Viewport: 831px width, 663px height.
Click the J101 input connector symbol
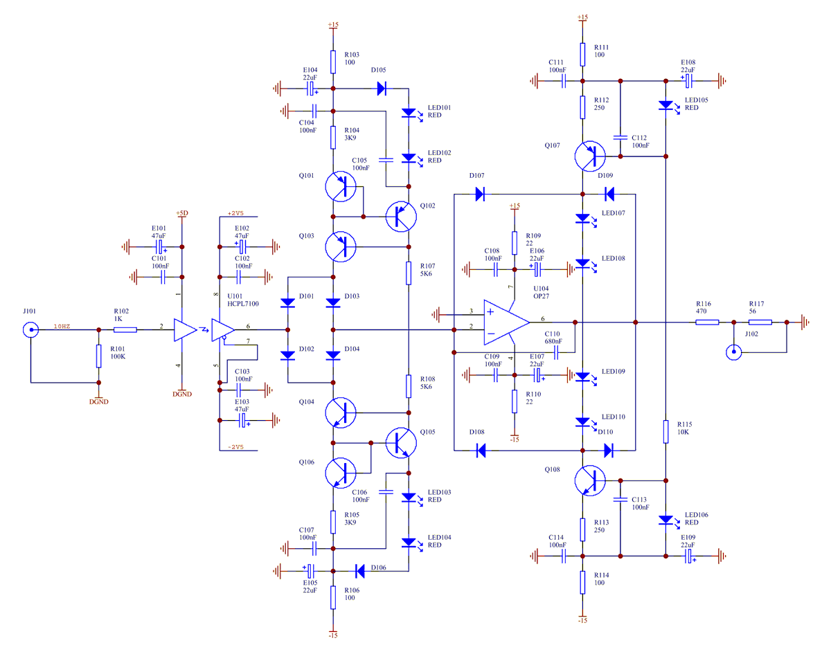31,329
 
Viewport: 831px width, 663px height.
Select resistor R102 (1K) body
125,329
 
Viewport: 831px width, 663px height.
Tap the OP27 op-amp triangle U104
506,322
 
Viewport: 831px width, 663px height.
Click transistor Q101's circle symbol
341,186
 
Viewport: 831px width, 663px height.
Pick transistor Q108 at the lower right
589,480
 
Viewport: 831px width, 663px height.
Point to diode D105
382,89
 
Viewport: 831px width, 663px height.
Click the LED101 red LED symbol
409,113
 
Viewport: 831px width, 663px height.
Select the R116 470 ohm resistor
706,322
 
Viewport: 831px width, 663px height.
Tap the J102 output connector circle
733,352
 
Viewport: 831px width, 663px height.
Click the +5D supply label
182,212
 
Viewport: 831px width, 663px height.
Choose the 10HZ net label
62,326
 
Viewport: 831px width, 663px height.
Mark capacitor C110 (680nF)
556,352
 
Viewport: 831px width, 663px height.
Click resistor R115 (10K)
665,431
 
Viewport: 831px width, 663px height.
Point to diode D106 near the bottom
360,571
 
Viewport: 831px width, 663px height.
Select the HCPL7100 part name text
242,303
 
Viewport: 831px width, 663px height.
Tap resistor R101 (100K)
98,356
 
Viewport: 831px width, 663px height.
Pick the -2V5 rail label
235,447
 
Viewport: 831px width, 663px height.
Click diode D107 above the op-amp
480,194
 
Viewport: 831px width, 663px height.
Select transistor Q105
401,443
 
